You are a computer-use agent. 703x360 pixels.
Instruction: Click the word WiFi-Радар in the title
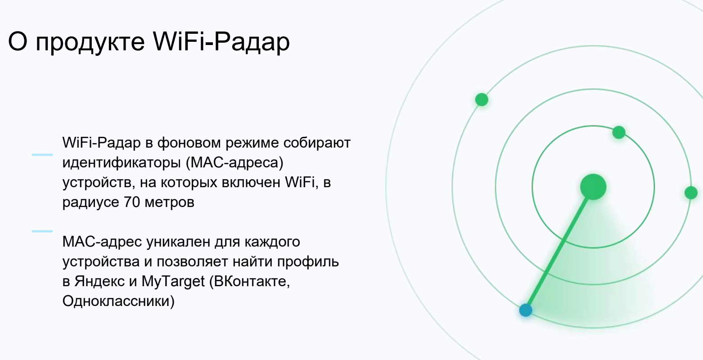[x=221, y=41]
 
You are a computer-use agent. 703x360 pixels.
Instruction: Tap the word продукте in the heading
[x=90, y=42]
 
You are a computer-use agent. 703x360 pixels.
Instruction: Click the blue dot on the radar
[x=526, y=310]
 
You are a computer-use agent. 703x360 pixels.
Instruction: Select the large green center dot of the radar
[x=593, y=187]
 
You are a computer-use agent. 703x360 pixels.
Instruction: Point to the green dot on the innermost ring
[x=619, y=132]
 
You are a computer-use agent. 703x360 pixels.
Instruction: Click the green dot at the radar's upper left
[x=482, y=100]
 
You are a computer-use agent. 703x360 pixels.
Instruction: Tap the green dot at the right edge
[x=691, y=193]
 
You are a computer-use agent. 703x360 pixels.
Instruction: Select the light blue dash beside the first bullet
[x=42, y=155]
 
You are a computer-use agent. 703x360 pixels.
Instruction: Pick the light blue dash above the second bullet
[x=42, y=231]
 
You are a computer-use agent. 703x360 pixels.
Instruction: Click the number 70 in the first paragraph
[x=132, y=202]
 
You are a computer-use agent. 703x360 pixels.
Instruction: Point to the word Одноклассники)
[x=118, y=301]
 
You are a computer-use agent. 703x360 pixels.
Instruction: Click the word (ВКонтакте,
[x=249, y=281]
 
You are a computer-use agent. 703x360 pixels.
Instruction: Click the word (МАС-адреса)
[x=234, y=163]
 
